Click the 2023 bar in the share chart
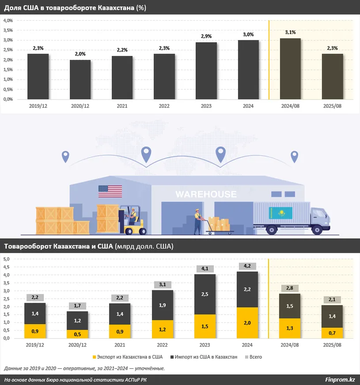[x=206, y=71]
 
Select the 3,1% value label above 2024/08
[x=290, y=32]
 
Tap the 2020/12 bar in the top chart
[x=80, y=80]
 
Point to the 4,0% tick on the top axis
[x=8, y=20]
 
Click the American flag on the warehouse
[x=110, y=191]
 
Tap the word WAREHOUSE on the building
[x=206, y=194]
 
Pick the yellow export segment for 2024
[x=247, y=323]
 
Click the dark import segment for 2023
[x=205, y=294]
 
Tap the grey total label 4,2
[x=247, y=266]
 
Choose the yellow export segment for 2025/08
[x=332, y=332]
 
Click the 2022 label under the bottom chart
[x=164, y=345]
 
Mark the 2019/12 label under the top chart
[x=38, y=106]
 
